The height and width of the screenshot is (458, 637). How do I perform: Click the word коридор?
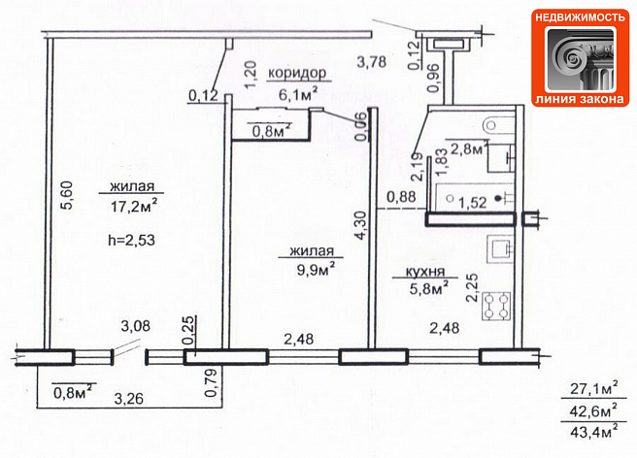tap(297, 73)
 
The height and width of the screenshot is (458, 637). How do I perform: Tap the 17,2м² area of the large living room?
tap(134, 207)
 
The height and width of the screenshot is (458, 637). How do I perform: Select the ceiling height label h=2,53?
tap(132, 240)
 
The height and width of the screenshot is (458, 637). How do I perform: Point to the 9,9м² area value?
tap(316, 269)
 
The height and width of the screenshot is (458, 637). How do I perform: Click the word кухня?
tap(425, 272)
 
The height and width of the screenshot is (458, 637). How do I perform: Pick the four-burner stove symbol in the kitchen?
tap(496, 306)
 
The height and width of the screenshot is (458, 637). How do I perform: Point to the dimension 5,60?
tap(67, 195)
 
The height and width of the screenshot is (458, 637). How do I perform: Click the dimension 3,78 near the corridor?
tap(371, 62)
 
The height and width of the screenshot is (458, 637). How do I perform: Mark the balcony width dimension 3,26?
tap(129, 398)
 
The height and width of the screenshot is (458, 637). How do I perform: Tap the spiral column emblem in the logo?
tap(580, 60)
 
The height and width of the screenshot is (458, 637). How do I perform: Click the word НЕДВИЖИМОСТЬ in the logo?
tap(580, 17)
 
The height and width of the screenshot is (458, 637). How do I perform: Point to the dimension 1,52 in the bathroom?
tap(473, 202)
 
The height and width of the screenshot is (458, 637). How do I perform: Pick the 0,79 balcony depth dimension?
tap(211, 382)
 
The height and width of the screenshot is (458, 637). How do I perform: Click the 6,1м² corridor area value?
tap(298, 94)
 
